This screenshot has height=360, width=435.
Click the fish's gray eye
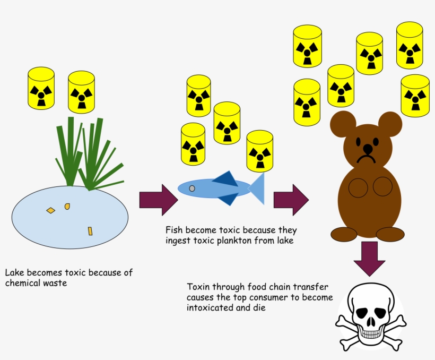192,188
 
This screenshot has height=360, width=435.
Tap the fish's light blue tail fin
258,188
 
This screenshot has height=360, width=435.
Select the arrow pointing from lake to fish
159,200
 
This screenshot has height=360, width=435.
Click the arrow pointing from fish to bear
291,200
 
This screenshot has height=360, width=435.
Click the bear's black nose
368,149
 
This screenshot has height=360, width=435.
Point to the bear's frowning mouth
366,159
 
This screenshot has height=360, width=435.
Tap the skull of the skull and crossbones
371,313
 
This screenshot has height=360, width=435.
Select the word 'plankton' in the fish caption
234,241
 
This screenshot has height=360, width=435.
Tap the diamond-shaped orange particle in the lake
50,211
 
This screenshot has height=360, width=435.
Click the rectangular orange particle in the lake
90,231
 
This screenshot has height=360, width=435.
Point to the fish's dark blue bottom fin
228,199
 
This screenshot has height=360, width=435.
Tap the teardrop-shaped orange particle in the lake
67,207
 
